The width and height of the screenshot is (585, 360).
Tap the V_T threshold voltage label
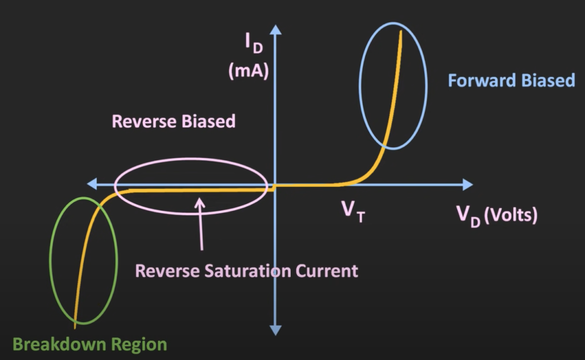tap(352, 211)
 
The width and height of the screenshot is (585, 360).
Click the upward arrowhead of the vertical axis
tap(276, 29)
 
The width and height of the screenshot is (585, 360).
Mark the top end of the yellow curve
tap(401, 32)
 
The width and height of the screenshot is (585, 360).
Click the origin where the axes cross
tap(276, 185)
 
